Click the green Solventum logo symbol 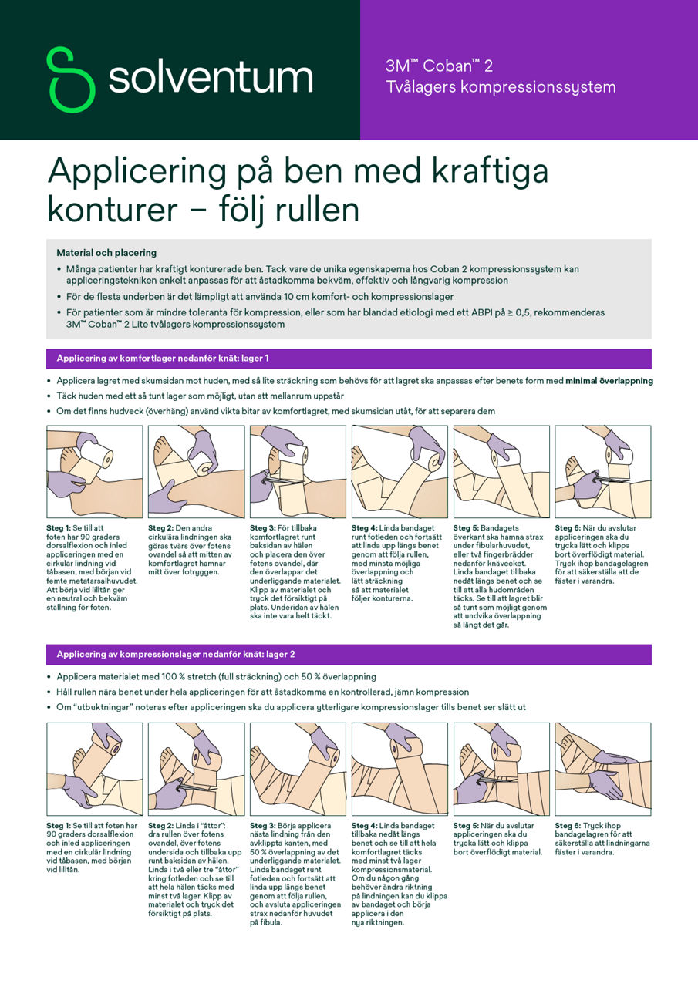point(70,79)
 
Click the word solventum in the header point(210,79)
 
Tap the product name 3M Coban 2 point(439,66)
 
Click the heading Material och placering point(106,253)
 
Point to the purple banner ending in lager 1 point(349,359)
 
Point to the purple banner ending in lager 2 point(349,655)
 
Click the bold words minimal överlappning point(609,381)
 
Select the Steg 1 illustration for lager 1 point(95,471)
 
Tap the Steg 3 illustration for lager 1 point(298,471)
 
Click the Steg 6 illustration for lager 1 point(602,471)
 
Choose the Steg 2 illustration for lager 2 point(196,769)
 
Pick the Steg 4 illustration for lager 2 point(400,769)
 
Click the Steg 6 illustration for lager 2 point(602,769)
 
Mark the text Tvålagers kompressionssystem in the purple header point(501,87)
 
